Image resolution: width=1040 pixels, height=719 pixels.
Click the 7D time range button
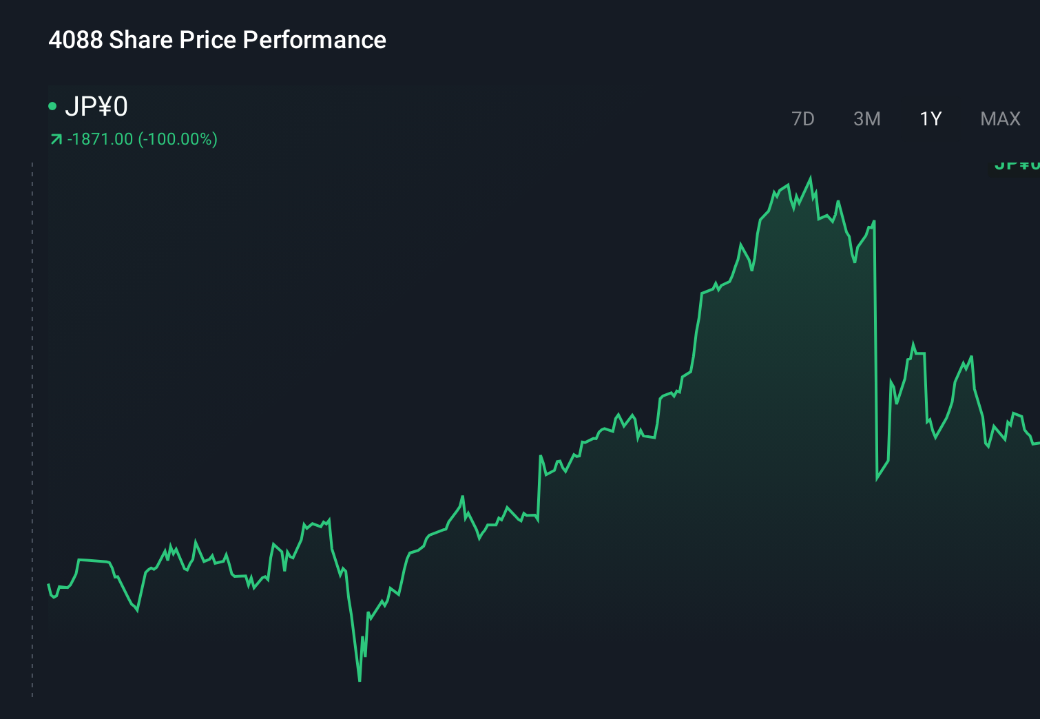coord(802,119)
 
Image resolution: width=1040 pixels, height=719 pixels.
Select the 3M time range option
coord(866,119)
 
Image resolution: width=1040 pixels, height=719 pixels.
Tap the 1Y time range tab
coord(930,119)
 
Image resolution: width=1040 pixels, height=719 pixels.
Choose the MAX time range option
coord(1000,119)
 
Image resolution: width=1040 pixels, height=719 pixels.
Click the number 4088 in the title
coord(75,40)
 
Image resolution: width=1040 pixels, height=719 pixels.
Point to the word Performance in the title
coord(314,40)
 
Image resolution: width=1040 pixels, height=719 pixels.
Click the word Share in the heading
coord(141,40)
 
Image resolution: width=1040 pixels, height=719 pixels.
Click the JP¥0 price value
coord(96,107)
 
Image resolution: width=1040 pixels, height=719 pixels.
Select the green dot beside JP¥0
coord(52,106)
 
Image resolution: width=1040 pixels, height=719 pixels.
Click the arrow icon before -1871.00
coord(56,140)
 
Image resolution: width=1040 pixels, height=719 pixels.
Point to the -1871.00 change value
coord(100,139)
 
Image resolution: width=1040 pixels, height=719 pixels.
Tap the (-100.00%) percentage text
coord(178,139)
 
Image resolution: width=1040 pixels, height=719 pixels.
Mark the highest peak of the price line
coord(810,178)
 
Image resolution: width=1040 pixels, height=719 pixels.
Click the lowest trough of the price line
coord(360,680)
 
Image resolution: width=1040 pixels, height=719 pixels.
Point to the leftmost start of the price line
coord(48,585)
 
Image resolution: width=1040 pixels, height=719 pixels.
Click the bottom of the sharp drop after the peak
coord(877,478)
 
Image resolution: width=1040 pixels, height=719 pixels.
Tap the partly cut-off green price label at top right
coord(1017,165)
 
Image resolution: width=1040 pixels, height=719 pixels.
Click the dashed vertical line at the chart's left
coord(32,427)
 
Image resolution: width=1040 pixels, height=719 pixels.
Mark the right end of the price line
coord(1037,444)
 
